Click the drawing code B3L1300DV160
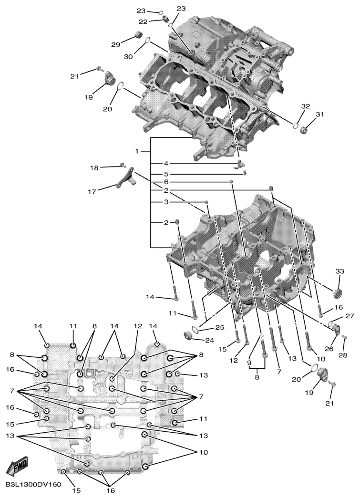pyautogui.click(x=33, y=484)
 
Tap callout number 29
pyautogui.click(x=115, y=44)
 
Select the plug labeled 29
pyautogui.click(x=138, y=34)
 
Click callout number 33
pyautogui.click(x=339, y=271)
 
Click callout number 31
pyautogui.click(x=319, y=114)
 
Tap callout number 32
pyautogui.click(x=305, y=106)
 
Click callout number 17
pyautogui.click(x=92, y=192)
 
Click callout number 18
pyautogui.click(x=94, y=168)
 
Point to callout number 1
pyautogui.click(x=137, y=152)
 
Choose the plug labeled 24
pyautogui.click(x=189, y=336)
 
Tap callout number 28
pyautogui.click(x=343, y=355)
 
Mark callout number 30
pyautogui.click(x=128, y=57)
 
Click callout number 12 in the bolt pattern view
pyautogui.click(x=137, y=326)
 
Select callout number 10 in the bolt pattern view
pyautogui.click(x=204, y=452)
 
